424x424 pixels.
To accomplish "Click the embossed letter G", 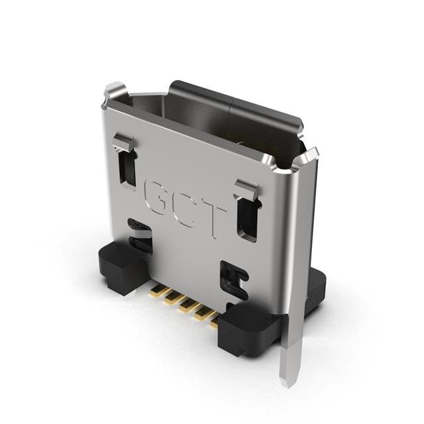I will (157, 195).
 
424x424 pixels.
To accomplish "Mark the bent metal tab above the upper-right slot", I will (246, 188).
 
